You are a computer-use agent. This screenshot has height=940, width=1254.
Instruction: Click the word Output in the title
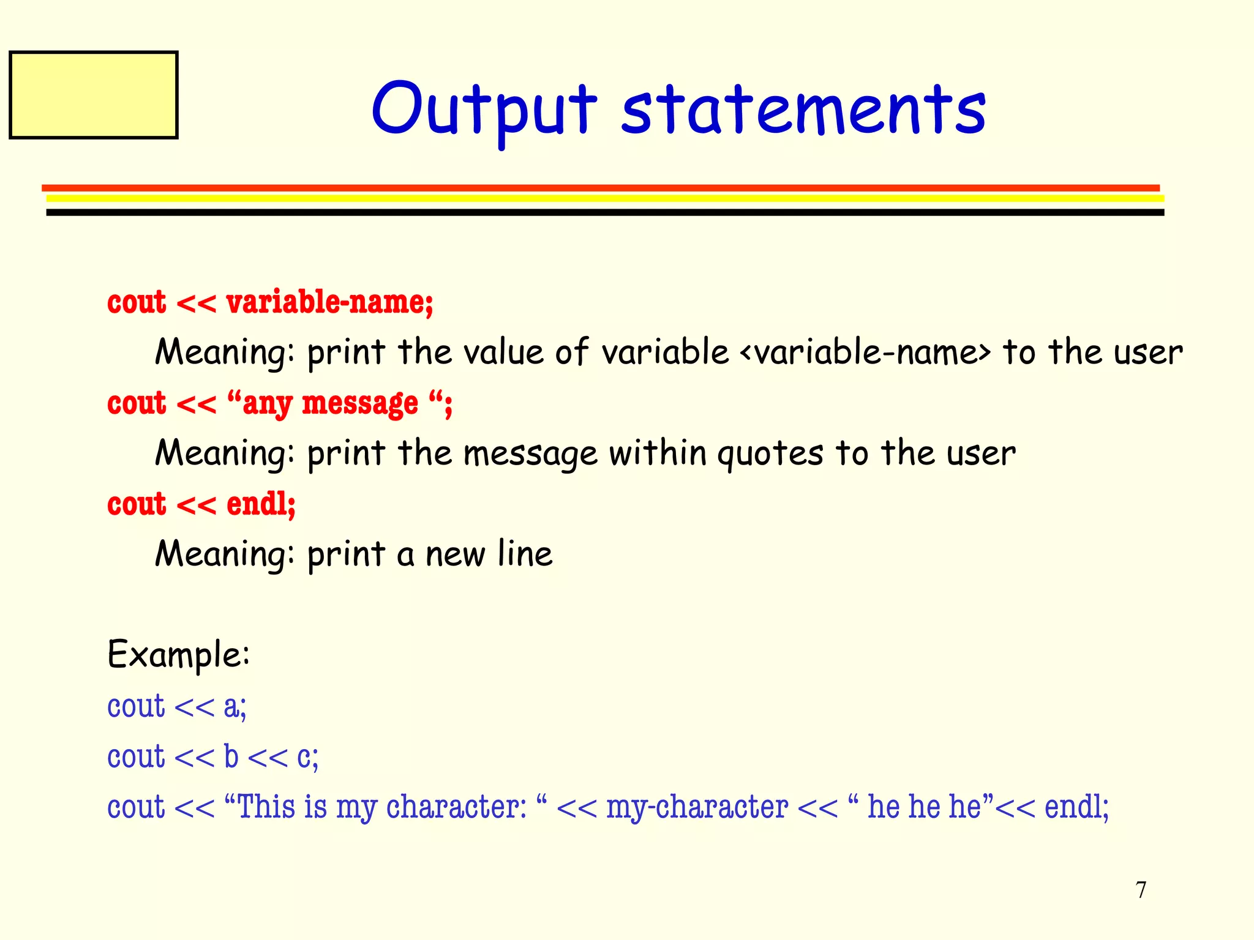(484, 110)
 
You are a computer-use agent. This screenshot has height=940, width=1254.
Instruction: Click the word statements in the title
(803, 110)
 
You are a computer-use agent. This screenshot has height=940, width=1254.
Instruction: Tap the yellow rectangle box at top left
(94, 95)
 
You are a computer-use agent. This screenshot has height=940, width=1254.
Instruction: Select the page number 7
(1141, 890)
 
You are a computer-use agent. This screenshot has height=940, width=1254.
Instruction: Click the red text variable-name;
(329, 302)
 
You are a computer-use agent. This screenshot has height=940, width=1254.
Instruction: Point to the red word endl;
(261, 504)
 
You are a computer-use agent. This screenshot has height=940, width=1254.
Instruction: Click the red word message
(360, 404)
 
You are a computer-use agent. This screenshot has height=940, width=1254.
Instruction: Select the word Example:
(178, 655)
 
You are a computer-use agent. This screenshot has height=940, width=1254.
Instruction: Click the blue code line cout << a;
(176, 707)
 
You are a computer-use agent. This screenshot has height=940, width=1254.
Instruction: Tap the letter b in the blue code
(231, 757)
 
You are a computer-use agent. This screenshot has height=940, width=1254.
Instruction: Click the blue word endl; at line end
(1076, 807)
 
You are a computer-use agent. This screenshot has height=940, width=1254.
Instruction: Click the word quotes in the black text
(770, 454)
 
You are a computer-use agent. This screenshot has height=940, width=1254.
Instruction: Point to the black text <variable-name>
(865, 353)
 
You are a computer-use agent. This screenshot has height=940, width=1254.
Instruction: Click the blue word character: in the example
(456, 807)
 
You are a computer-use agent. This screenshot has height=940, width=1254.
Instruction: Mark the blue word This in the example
(266, 807)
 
